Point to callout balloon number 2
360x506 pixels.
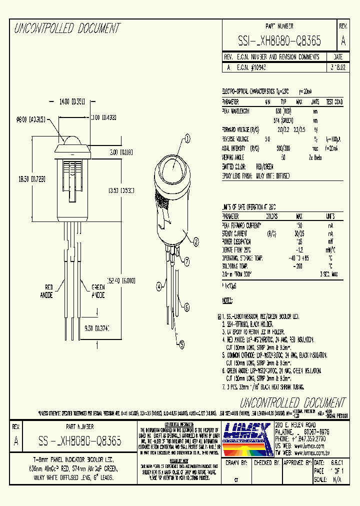196,241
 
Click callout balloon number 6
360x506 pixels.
187,307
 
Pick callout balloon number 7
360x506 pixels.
186,260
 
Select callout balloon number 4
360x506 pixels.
159,287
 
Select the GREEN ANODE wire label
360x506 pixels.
97,291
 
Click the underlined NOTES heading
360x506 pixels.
227,301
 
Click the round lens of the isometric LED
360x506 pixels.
175,169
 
